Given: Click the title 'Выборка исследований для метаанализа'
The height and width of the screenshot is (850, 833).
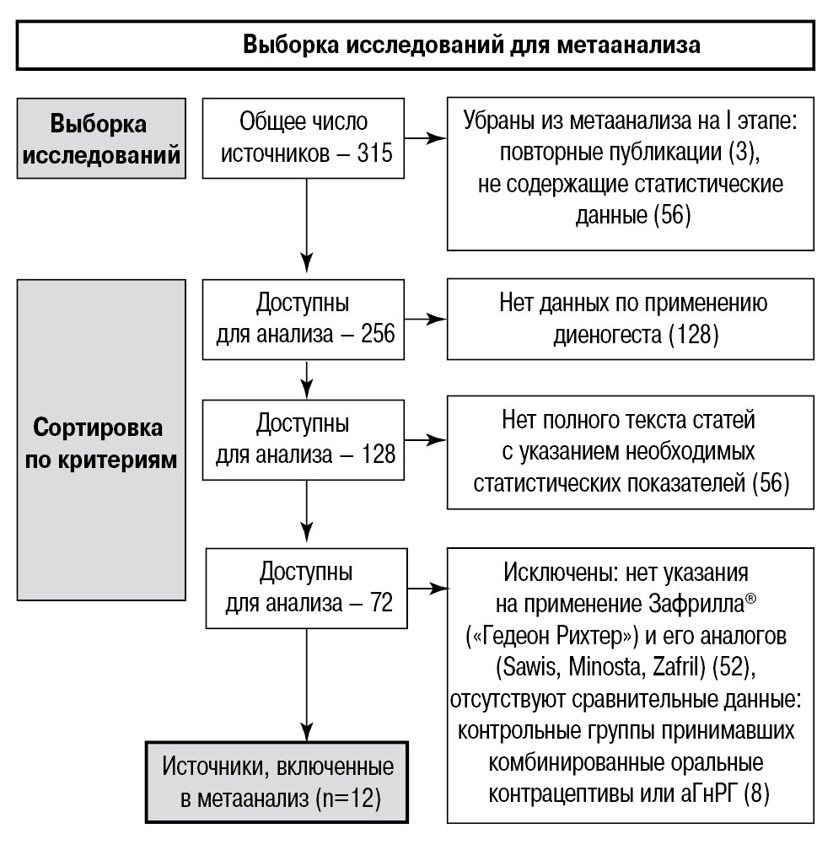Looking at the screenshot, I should click(x=471, y=45).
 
